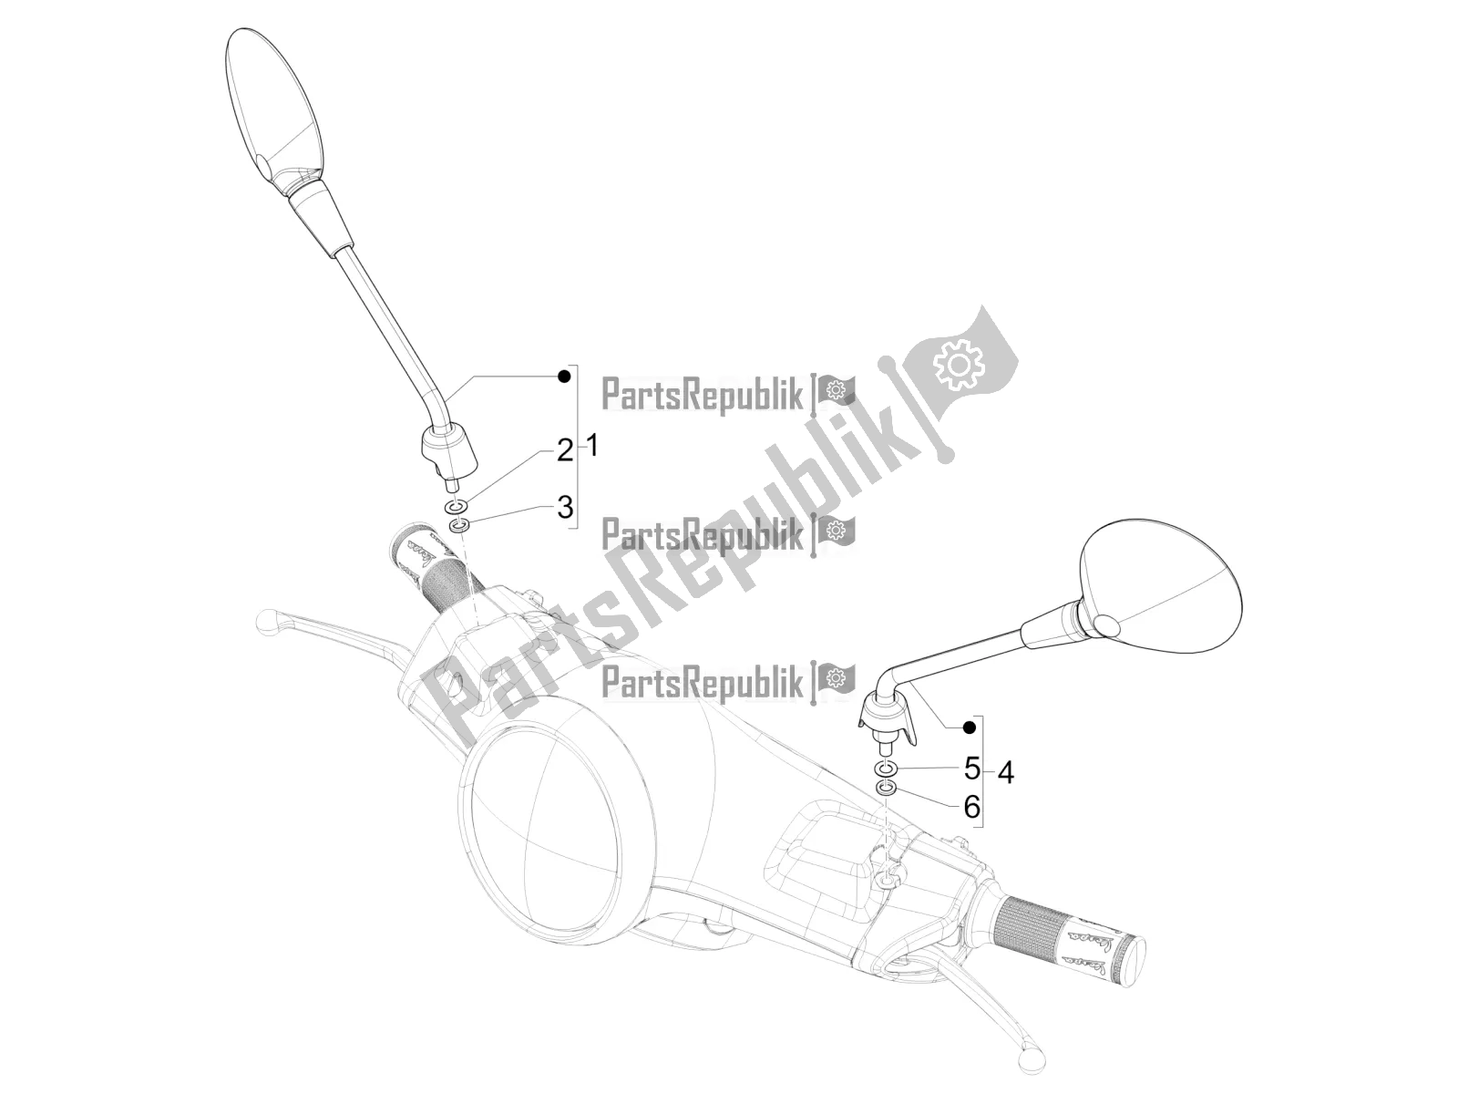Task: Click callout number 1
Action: pos(591,447)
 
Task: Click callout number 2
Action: pos(565,449)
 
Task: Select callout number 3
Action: pos(565,507)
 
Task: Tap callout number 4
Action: pos(1005,773)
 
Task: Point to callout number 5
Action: pos(972,769)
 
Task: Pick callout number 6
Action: pos(972,806)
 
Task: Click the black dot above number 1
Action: pos(565,376)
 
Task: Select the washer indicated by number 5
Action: pos(886,768)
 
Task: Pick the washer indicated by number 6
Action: pos(885,787)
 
